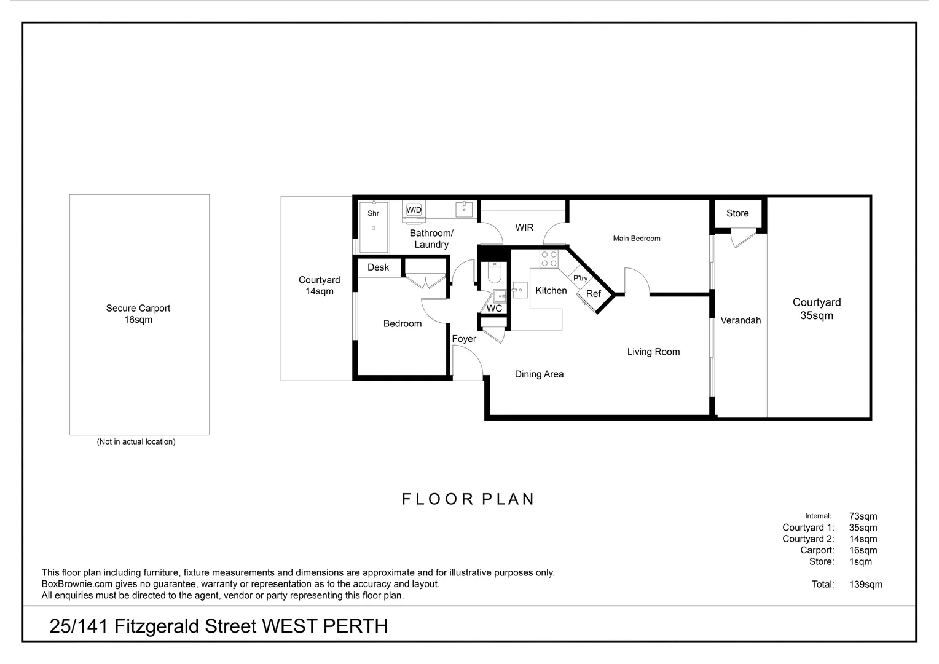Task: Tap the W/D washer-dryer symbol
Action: coord(414,211)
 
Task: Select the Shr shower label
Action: coord(373,213)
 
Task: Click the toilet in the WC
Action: coord(495,272)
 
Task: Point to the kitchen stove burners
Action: coord(549,259)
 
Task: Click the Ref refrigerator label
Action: coord(594,294)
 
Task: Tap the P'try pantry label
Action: coord(581,278)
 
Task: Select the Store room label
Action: coord(737,213)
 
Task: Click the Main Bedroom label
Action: coord(636,239)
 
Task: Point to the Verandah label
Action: coord(741,320)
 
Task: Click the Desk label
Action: coord(378,267)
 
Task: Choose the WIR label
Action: coord(524,227)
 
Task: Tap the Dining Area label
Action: coord(539,374)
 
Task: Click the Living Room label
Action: coord(653,352)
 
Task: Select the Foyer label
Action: coord(464,339)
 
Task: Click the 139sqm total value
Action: coord(866,584)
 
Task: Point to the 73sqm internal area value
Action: coord(863,516)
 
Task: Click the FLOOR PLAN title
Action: coord(468,499)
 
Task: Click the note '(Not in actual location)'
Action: coord(136,441)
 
